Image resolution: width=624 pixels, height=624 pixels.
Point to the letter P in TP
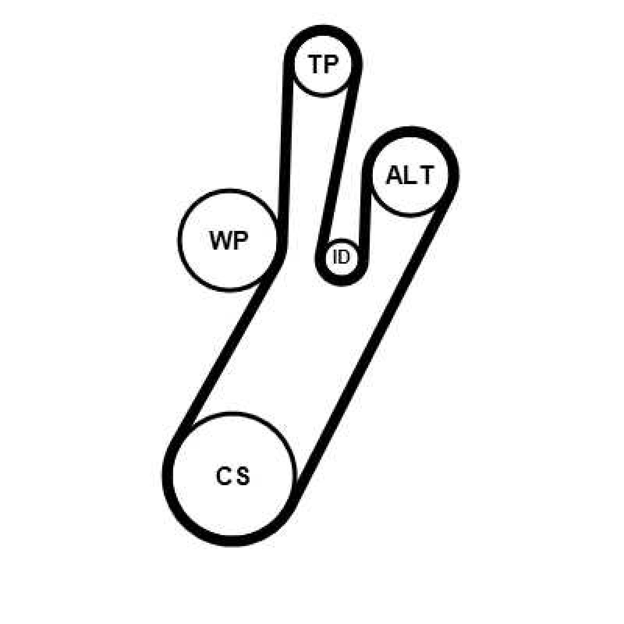coord(331,64)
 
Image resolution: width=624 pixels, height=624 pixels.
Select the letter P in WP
coord(240,241)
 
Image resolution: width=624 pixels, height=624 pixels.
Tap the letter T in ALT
coord(426,175)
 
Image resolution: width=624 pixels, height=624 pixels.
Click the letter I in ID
coord(335,257)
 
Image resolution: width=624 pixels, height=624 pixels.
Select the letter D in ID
coord(344,257)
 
